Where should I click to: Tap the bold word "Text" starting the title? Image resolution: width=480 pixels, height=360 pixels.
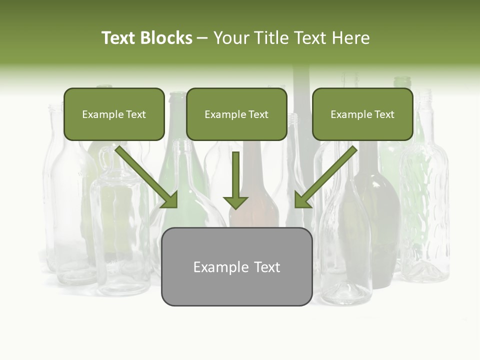point(118,38)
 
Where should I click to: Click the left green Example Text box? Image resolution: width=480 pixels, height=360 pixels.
point(114,114)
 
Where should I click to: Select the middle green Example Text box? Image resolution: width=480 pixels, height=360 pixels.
point(236,114)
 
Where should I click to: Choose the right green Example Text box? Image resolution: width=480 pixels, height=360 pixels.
point(362,114)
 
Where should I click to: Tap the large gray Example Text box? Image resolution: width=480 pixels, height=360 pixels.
point(236,267)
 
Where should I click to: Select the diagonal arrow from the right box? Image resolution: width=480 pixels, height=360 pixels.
point(327,175)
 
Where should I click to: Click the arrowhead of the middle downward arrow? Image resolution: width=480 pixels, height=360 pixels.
point(235,202)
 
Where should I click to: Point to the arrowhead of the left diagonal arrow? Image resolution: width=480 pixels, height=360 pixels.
point(170,200)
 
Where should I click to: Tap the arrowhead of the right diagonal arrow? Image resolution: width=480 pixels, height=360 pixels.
point(302,200)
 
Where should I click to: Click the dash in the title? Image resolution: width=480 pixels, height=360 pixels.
point(202,38)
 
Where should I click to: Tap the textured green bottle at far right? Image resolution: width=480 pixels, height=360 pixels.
point(425,210)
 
